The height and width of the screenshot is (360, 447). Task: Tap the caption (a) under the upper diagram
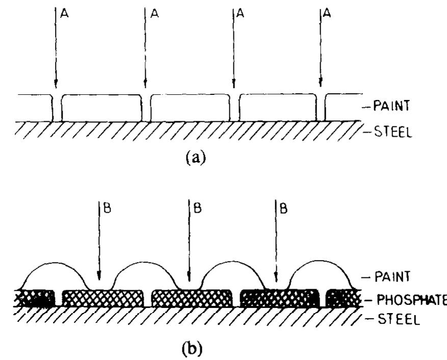click(x=196, y=158)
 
